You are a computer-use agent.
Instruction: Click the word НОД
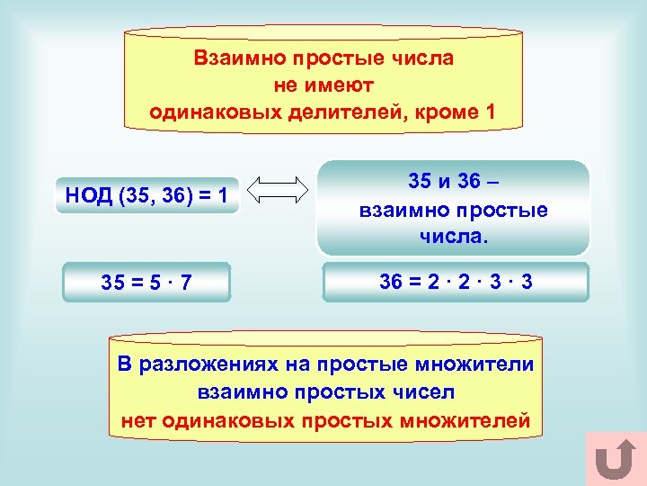coord(88,195)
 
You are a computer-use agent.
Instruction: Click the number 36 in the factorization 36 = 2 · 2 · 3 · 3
coord(391,282)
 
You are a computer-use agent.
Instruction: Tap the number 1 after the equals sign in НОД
coord(221,195)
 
